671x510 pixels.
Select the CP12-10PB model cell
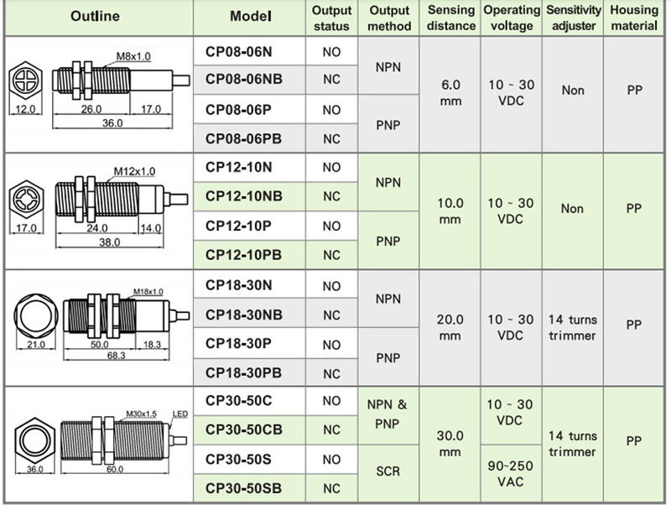(x=243, y=255)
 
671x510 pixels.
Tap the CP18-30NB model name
(x=244, y=315)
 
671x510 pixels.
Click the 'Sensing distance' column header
(x=450, y=18)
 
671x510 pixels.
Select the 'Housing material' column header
(x=634, y=18)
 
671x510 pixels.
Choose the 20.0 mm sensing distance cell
(x=450, y=327)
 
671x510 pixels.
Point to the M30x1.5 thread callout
(x=140, y=414)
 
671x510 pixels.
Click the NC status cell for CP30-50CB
(x=331, y=430)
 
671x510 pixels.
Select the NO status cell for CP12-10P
(x=331, y=226)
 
